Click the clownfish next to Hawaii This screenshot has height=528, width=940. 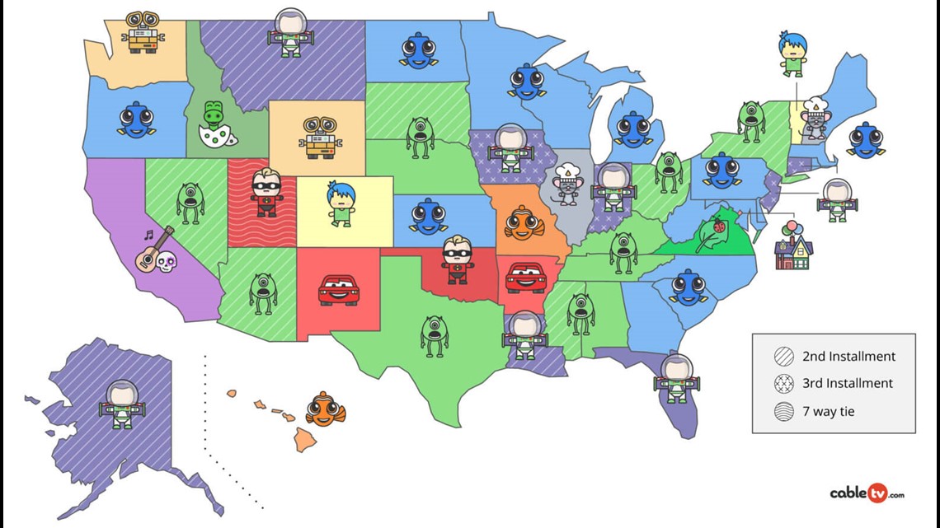(326, 409)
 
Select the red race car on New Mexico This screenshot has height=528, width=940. (338, 291)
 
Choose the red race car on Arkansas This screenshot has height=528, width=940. (524, 278)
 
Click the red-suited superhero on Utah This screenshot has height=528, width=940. (266, 192)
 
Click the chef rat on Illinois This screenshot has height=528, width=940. (566, 183)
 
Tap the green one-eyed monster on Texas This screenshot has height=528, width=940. (435, 334)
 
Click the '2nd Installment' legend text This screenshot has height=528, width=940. (848, 357)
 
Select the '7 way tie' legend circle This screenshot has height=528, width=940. (784, 410)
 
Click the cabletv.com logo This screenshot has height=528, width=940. (867, 493)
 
